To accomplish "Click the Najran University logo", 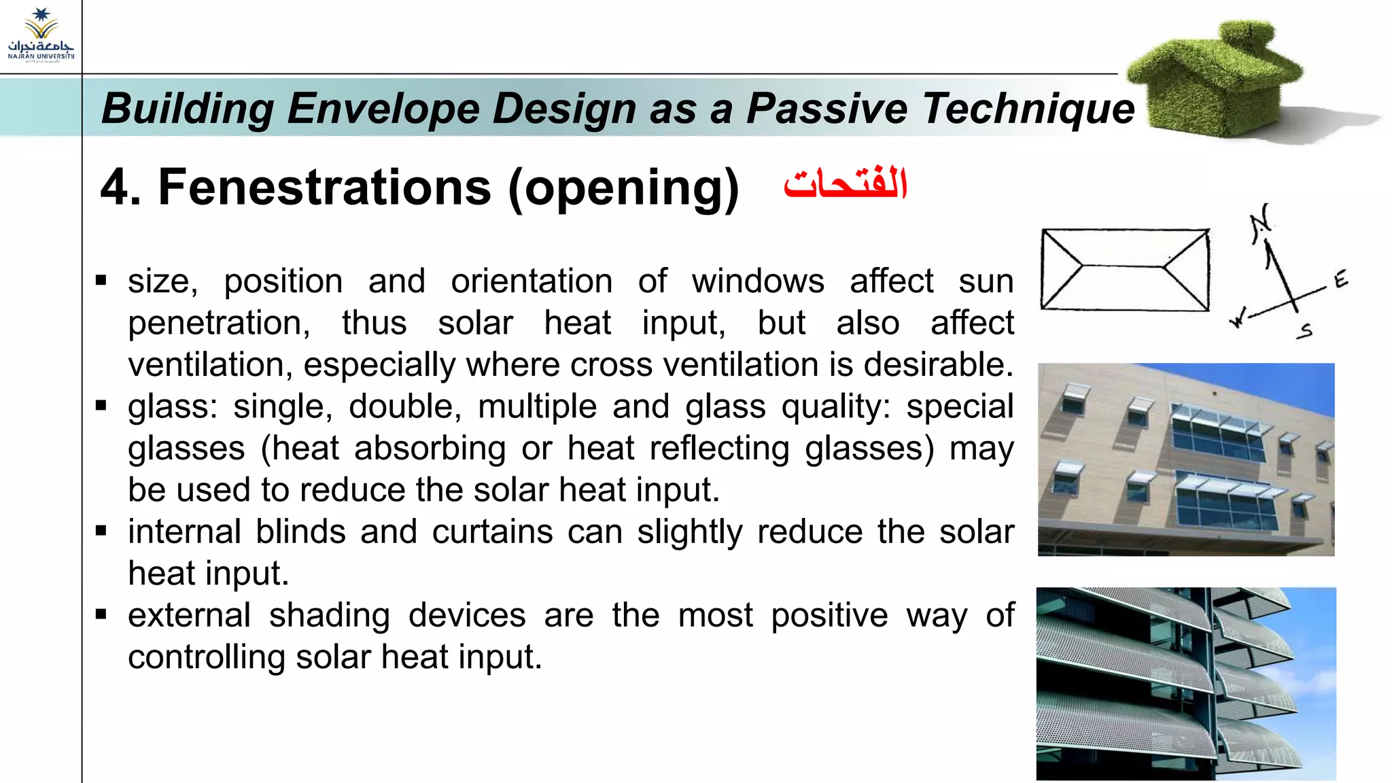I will pos(41,35).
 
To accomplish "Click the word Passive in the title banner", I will pos(826,109).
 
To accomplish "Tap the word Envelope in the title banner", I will pos(383,109).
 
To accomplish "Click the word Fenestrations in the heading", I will pos(324,188).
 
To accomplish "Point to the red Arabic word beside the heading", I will pos(845,184).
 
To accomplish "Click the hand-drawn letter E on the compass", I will pos(1340,279).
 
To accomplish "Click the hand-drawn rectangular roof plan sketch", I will pos(1125,270).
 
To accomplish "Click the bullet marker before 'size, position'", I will pos(101,280).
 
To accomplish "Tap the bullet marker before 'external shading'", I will pos(101,614).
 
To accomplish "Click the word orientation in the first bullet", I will pos(532,281).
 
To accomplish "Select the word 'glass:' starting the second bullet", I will pos(173,407).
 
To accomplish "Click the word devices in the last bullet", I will pos(466,615).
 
